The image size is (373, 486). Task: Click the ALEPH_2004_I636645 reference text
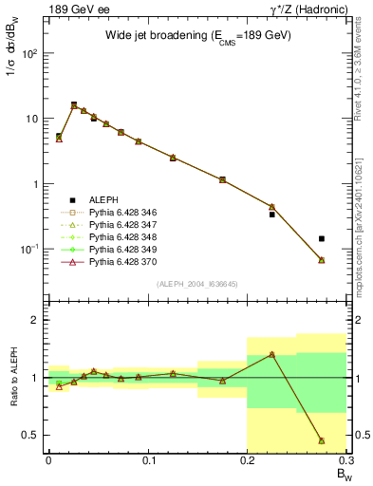click(197, 284)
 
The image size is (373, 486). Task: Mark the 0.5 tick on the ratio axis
click(35, 435)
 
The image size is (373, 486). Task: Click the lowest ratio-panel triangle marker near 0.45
click(322, 440)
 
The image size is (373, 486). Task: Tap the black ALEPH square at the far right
click(322, 239)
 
